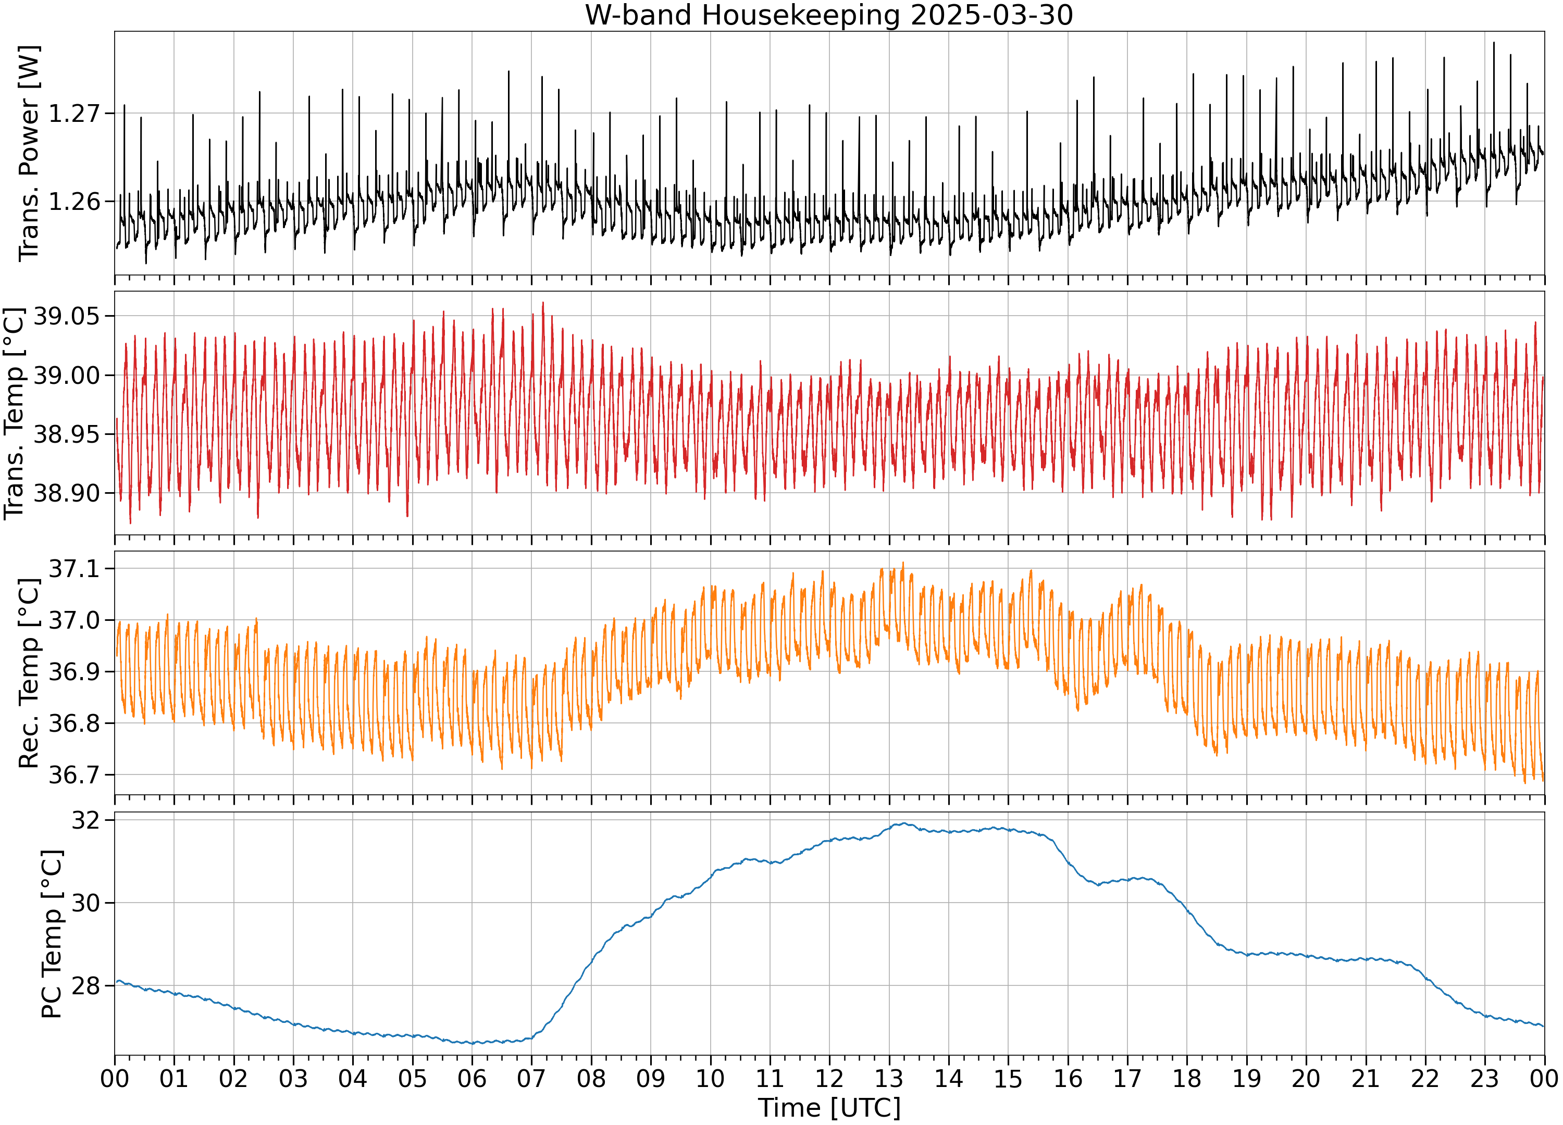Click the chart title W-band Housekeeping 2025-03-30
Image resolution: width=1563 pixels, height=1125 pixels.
point(828,15)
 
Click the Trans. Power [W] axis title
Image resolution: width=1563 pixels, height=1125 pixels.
point(29,154)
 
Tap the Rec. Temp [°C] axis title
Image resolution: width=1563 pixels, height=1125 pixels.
point(29,673)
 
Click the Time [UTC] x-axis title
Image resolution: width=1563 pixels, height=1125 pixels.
point(829,1108)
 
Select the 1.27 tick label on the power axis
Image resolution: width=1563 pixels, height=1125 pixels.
point(74,113)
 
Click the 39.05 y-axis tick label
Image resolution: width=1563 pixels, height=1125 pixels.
point(66,316)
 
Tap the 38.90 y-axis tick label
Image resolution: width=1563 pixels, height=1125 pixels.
point(66,493)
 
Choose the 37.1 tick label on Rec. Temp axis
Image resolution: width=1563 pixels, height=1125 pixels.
point(74,568)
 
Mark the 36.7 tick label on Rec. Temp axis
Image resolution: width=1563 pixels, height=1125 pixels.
point(74,775)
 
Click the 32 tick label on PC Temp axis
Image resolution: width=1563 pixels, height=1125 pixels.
point(85,820)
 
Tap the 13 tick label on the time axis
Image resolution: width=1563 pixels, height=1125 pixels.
point(889,1078)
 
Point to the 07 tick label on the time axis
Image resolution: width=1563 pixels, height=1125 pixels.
point(531,1078)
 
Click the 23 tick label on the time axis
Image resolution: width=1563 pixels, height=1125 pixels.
point(1484,1078)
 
